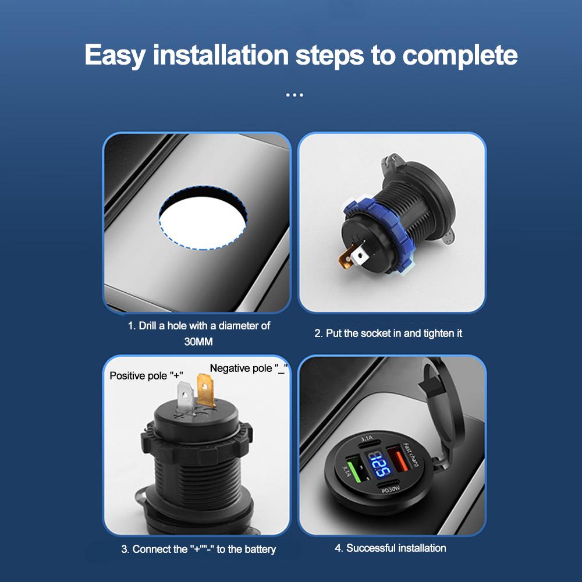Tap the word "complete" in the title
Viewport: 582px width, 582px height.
[460, 56]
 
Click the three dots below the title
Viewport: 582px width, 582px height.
[294, 95]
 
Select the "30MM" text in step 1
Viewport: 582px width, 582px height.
[199, 342]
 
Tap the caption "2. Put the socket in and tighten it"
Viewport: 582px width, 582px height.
[388, 333]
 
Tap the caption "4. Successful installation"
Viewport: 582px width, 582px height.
[391, 548]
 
